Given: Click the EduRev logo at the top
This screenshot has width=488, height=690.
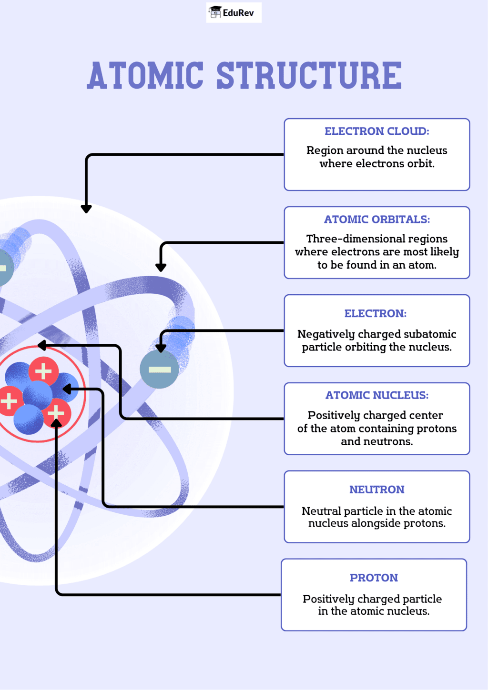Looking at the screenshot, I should tap(234, 13).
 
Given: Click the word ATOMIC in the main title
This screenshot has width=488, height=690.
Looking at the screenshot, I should tap(145, 76).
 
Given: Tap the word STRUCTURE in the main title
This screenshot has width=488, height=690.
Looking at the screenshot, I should tap(309, 76).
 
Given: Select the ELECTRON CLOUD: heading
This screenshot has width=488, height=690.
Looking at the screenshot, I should tap(377, 131).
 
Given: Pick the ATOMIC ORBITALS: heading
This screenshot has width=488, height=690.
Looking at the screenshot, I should tap(377, 220).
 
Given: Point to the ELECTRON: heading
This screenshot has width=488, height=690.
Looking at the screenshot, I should tap(376, 313).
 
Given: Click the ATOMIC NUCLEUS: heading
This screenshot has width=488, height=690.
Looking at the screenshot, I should tap(377, 395).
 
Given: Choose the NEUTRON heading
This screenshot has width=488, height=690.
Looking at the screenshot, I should tap(377, 490).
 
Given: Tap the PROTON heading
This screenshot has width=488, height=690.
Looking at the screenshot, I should tap(374, 578).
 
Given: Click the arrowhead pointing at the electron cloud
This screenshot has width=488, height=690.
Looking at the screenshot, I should tap(86, 209).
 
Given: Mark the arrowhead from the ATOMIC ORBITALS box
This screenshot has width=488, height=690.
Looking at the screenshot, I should tap(161, 267).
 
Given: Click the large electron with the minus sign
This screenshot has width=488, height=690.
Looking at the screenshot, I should tap(159, 370).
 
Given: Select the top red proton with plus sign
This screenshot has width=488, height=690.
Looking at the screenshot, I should tap(43, 371).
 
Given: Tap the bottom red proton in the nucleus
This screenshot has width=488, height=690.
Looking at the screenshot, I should tap(57, 413).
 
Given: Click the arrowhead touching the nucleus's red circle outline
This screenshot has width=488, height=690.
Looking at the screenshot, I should tap(42, 345).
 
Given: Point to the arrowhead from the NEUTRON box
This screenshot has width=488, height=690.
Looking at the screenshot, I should tap(67, 390).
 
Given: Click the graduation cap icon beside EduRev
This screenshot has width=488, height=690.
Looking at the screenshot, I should tap(215, 12).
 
